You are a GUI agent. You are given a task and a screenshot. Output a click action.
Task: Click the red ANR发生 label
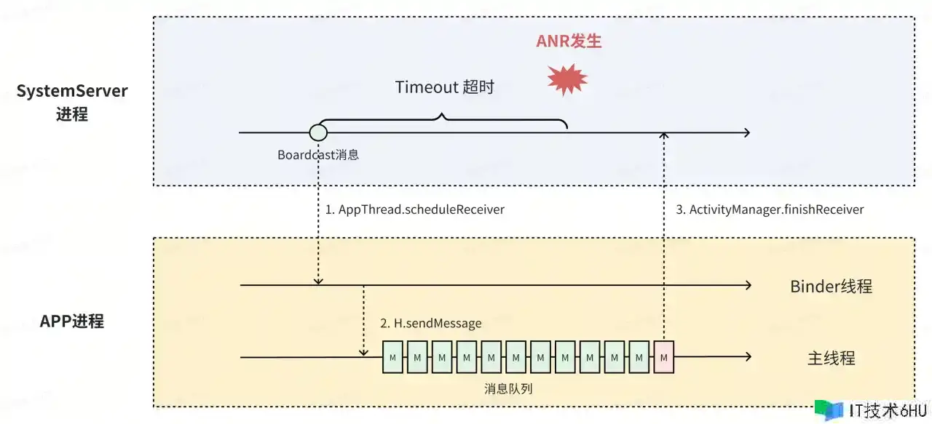[569, 41]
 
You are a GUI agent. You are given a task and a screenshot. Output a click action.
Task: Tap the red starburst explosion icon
[567, 79]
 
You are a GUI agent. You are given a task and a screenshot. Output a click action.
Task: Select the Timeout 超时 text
[444, 87]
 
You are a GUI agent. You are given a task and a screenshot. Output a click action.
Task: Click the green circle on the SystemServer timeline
[318, 132]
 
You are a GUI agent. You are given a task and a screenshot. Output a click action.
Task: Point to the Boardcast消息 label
[318, 155]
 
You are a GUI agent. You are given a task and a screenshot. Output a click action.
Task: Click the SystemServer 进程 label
[72, 103]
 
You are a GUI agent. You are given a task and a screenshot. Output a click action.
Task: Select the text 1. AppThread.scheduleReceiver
[414, 209]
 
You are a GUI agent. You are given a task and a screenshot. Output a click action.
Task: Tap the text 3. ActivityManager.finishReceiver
[770, 209]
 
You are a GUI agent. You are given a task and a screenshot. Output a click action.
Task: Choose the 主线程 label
[831, 358]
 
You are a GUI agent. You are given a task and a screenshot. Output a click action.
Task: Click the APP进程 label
[72, 321]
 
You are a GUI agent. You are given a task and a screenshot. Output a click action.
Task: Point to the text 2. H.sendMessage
[430, 323]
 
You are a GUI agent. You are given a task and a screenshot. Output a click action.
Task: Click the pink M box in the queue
[664, 357]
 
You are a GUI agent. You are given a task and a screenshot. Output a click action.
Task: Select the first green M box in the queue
[393, 357]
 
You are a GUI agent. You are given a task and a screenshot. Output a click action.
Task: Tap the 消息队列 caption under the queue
[508, 388]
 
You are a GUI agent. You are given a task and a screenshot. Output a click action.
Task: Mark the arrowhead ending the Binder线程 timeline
[747, 286]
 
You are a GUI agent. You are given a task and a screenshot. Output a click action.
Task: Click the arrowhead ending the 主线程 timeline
[747, 357]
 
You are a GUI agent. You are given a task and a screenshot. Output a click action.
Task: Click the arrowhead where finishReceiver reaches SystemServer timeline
[664, 135]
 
